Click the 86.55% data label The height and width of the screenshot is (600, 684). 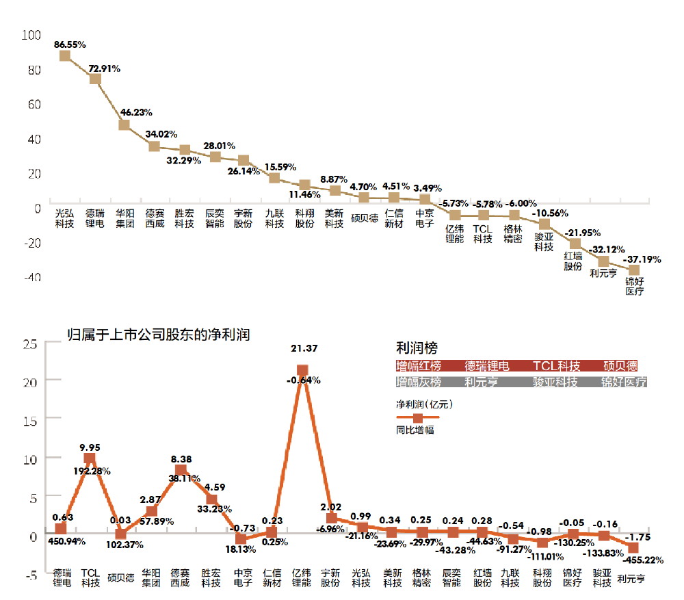pyautogui.click(x=70, y=44)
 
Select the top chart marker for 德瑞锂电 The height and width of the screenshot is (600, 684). pyautogui.click(x=95, y=79)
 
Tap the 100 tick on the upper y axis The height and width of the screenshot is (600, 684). pyautogui.click(x=32, y=34)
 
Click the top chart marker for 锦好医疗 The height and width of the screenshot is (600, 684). pyautogui.click(x=634, y=270)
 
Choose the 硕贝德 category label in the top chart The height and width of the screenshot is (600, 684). pyautogui.click(x=365, y=220)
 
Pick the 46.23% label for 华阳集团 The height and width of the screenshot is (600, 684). pyautogui.click(x=136, y=112)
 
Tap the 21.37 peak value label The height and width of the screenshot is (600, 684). pyautogui.click(x=302, y=349)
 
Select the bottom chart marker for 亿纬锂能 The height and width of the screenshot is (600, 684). pyautogui.click(x=302, y=371)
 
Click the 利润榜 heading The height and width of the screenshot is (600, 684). pyautogui.click(x=417, y=348)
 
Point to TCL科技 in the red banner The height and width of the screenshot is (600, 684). pyautogui.click(x=556, y=365)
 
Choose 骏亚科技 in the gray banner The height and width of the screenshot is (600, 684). pyautogui.click(x=555, y=382)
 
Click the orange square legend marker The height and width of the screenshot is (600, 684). pyautogui.click(x=418, y=417)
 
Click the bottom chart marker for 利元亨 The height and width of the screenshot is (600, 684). pyautogui.click(x=633, y=547)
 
